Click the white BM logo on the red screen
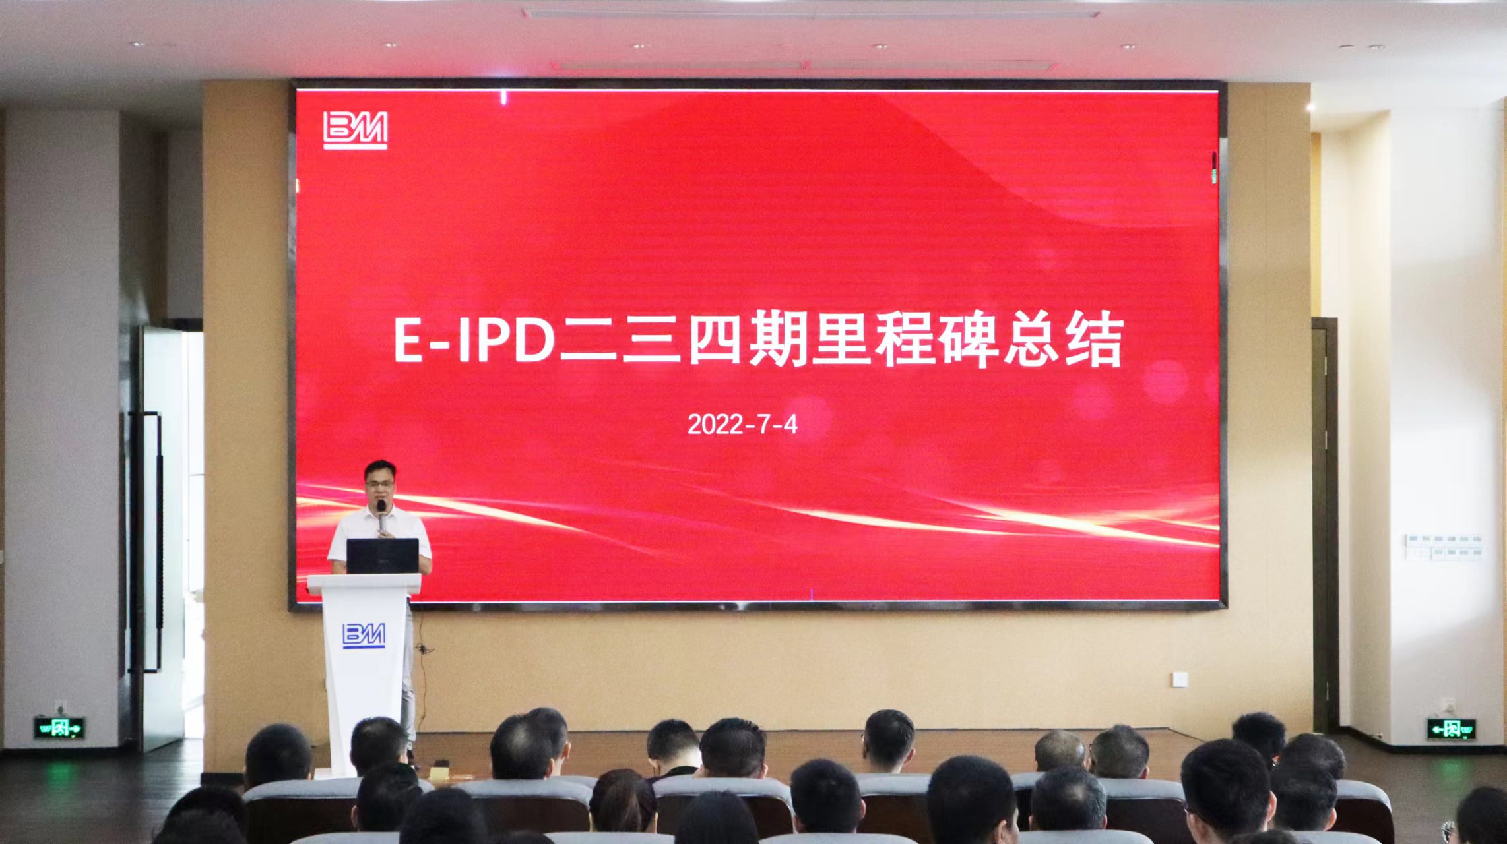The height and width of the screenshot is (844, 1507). pyautogui.click(x=355, y=130)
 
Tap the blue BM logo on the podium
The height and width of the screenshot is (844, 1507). pyautogui.click(x=364, y=635)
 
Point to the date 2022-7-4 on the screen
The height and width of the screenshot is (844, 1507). pyautogui.click(x=742, y=425)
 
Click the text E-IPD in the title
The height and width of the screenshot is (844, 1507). pyautogui.click(x=474, y=341)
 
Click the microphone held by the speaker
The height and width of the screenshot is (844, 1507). pyautogui.click(x=382, y=514)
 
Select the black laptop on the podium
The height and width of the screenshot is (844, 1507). pyautogui.click(x=383, y=556)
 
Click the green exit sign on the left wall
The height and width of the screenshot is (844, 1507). pyautogui.click(x=59, y=728)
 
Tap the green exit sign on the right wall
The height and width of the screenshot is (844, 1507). pyautogui.click(x=1451, y=729)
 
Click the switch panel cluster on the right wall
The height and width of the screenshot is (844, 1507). pyautogui.click(x=1444, y=547)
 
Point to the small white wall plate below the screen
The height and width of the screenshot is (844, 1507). pyautogui.click(x=1180, y=678)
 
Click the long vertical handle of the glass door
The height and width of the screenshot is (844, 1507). pyautogui.click(x=158, y=541)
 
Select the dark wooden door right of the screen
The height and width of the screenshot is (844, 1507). pyautogui.click(x=1324, y=521)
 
